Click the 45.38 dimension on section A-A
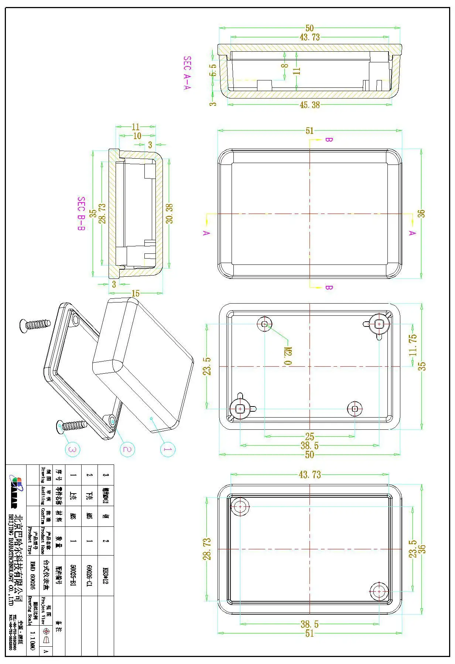(x=309, y=105)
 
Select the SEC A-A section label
(x=187, y=73)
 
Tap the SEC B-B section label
(x=81, y=214)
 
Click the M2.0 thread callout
(x=288, y=356)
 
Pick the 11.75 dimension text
(x=413, y=345)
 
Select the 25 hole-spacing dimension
(x=309, y=436)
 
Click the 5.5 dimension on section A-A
(x=213, y=70)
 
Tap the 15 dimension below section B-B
(x=136, y=294)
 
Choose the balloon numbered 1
(x=168, y=449)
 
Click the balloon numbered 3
(x=72, y=449)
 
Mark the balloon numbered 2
(x=127, y=449)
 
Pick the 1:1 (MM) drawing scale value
(x=32, y=640)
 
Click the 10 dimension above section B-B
(x=137, y=136)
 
